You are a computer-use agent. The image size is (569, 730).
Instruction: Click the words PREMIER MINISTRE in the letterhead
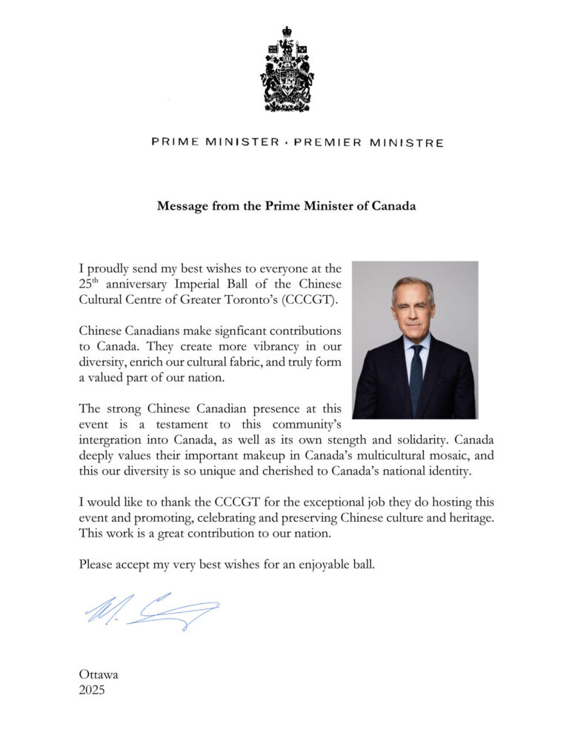pyautogui.click(x=369, y=142)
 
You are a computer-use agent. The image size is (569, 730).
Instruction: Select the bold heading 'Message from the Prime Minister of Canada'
pyautogui.click(x=286, y=206)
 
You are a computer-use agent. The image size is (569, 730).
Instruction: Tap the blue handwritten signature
pyautogui.click(x=151, y=611)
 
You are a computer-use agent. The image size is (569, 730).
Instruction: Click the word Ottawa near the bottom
pyautogui.click(x=99, y=674)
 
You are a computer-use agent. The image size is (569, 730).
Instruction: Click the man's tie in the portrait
pyautogui.click(x=416, y=377)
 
